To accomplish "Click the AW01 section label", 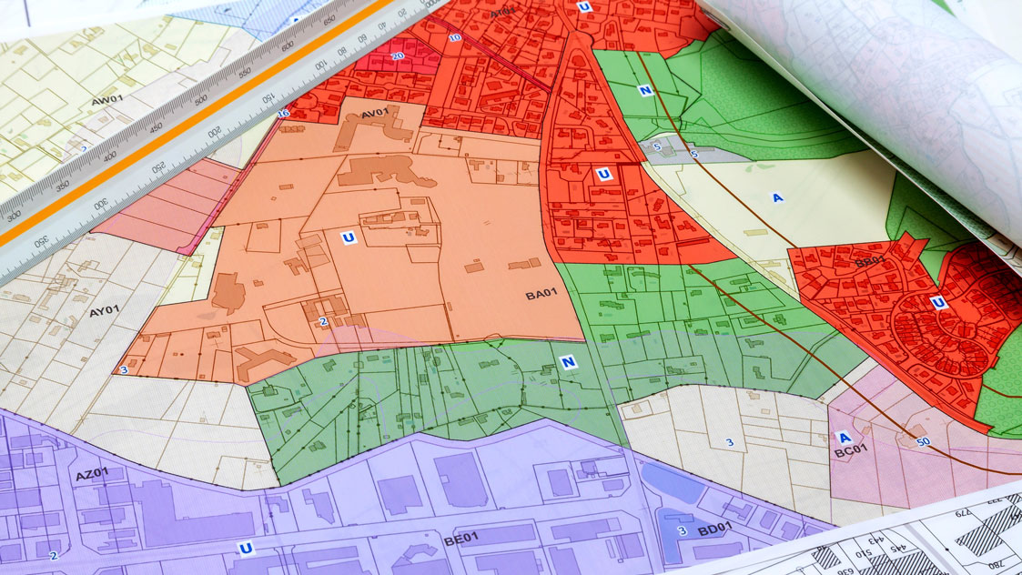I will (x=107, y=99).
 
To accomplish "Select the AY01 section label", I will (x=105, y=311).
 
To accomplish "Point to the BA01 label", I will (x=541, y=295).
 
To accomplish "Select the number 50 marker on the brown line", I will (x=924, y=441).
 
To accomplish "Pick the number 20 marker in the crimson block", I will (x=398, y=55).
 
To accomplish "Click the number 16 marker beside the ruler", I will (x=283, y=113).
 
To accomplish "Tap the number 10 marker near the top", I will (x=455, y=37).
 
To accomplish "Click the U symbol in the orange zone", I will (x=348, y=238).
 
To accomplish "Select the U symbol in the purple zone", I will (x=244, y=548).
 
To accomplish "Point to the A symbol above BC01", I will (x=844, y=436).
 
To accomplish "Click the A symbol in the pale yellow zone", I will (x=777, y=197).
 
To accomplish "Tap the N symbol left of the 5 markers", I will (x=645, y=90).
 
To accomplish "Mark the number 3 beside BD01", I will (x=681, y=531).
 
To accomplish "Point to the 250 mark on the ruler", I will (x=158, y=168).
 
